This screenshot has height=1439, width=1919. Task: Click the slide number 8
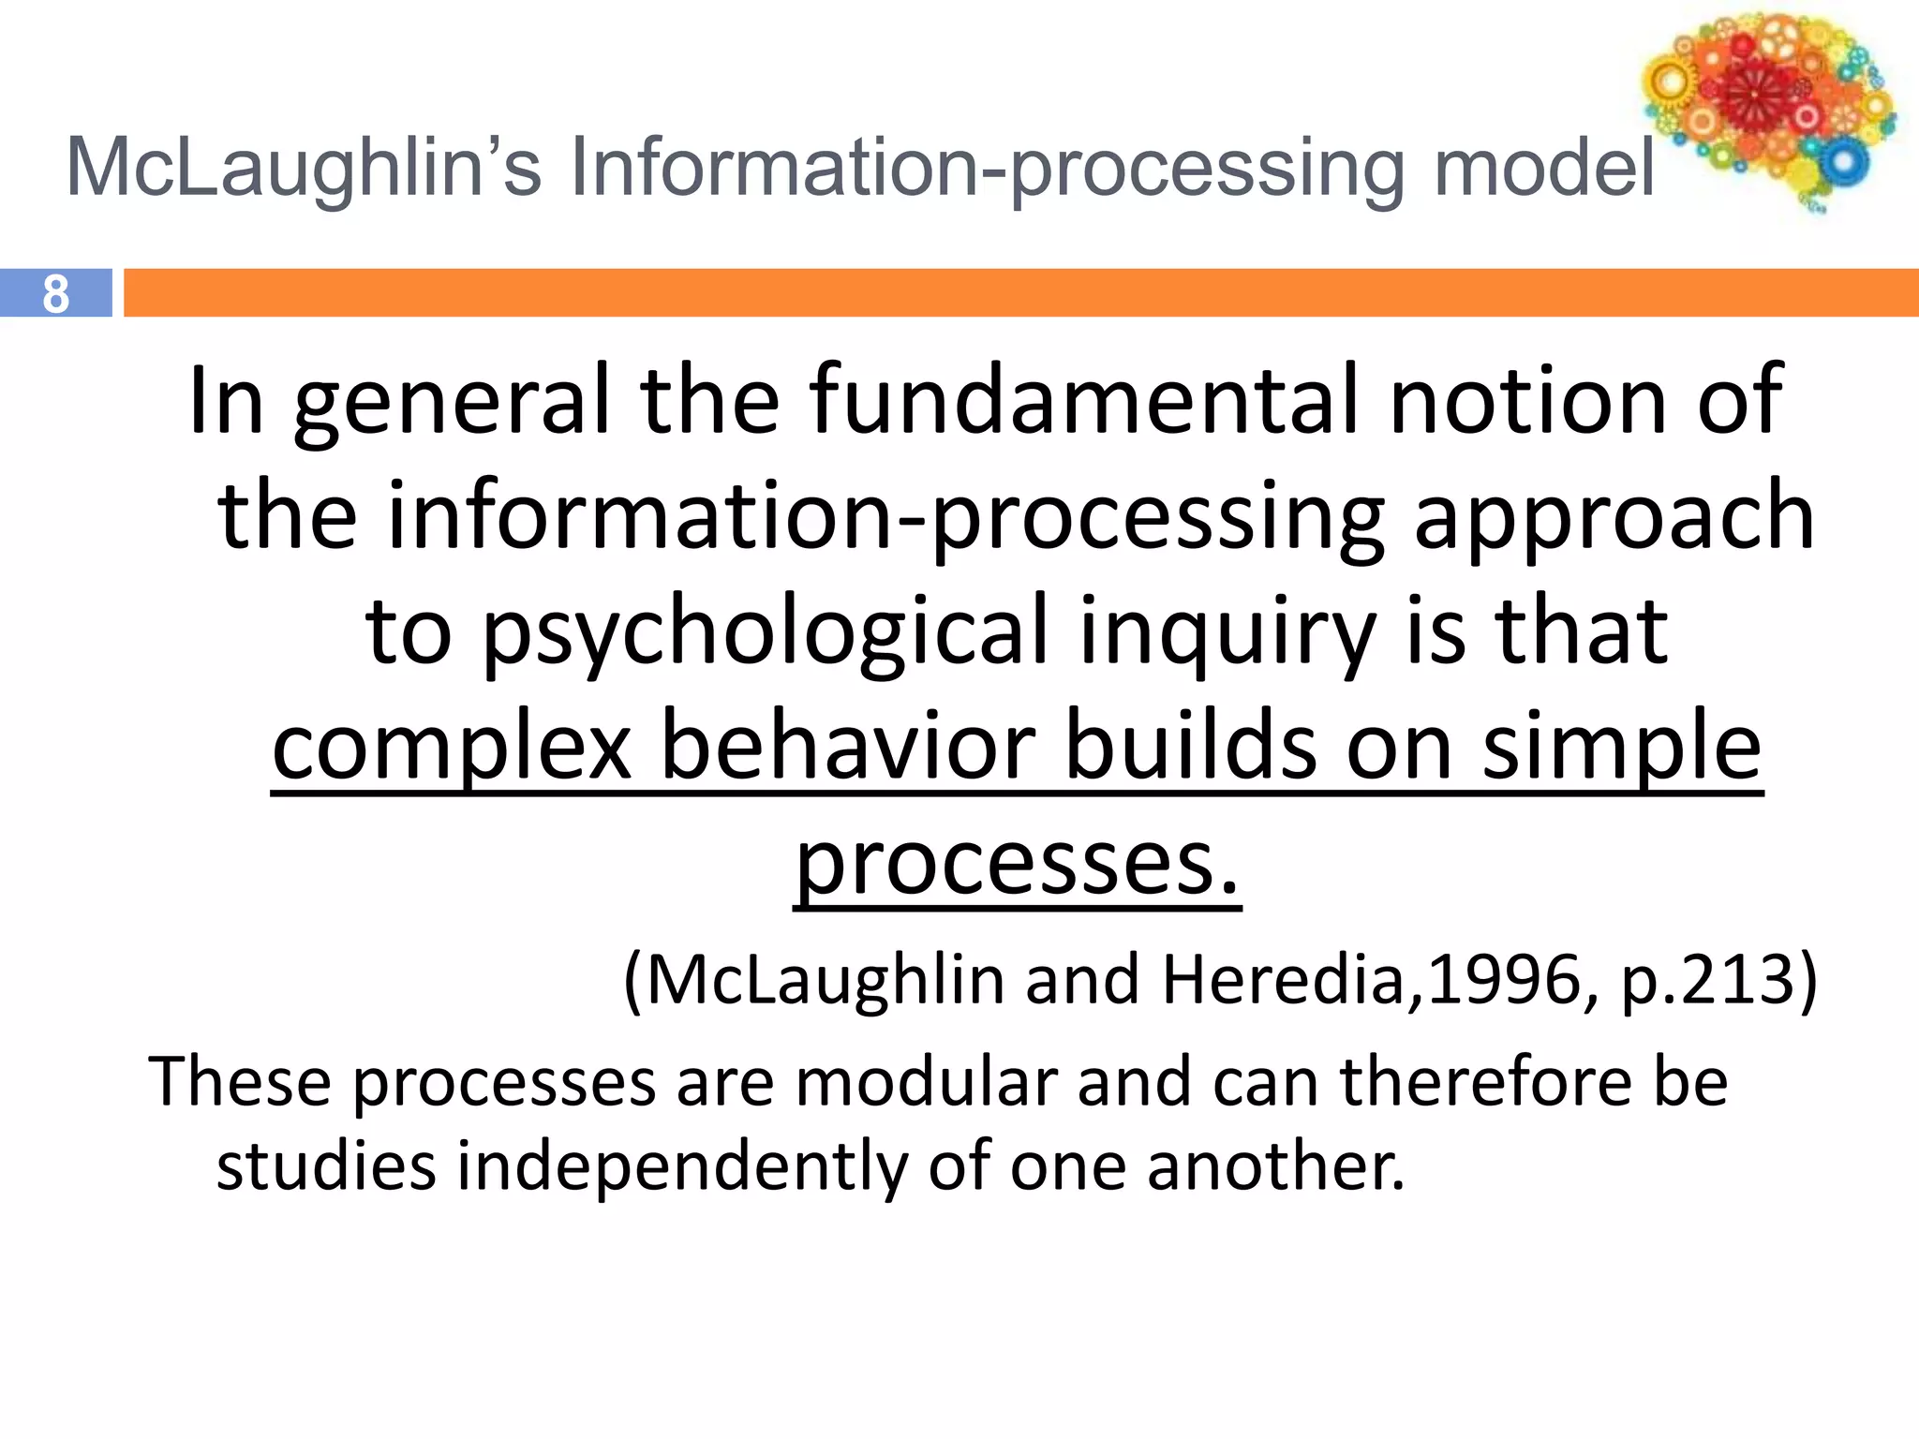coord(55,294)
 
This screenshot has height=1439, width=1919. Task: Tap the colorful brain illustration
coord(1766,108)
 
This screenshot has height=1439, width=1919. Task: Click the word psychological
coord(765,633)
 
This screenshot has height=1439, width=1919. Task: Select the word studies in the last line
coord(326,1166)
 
